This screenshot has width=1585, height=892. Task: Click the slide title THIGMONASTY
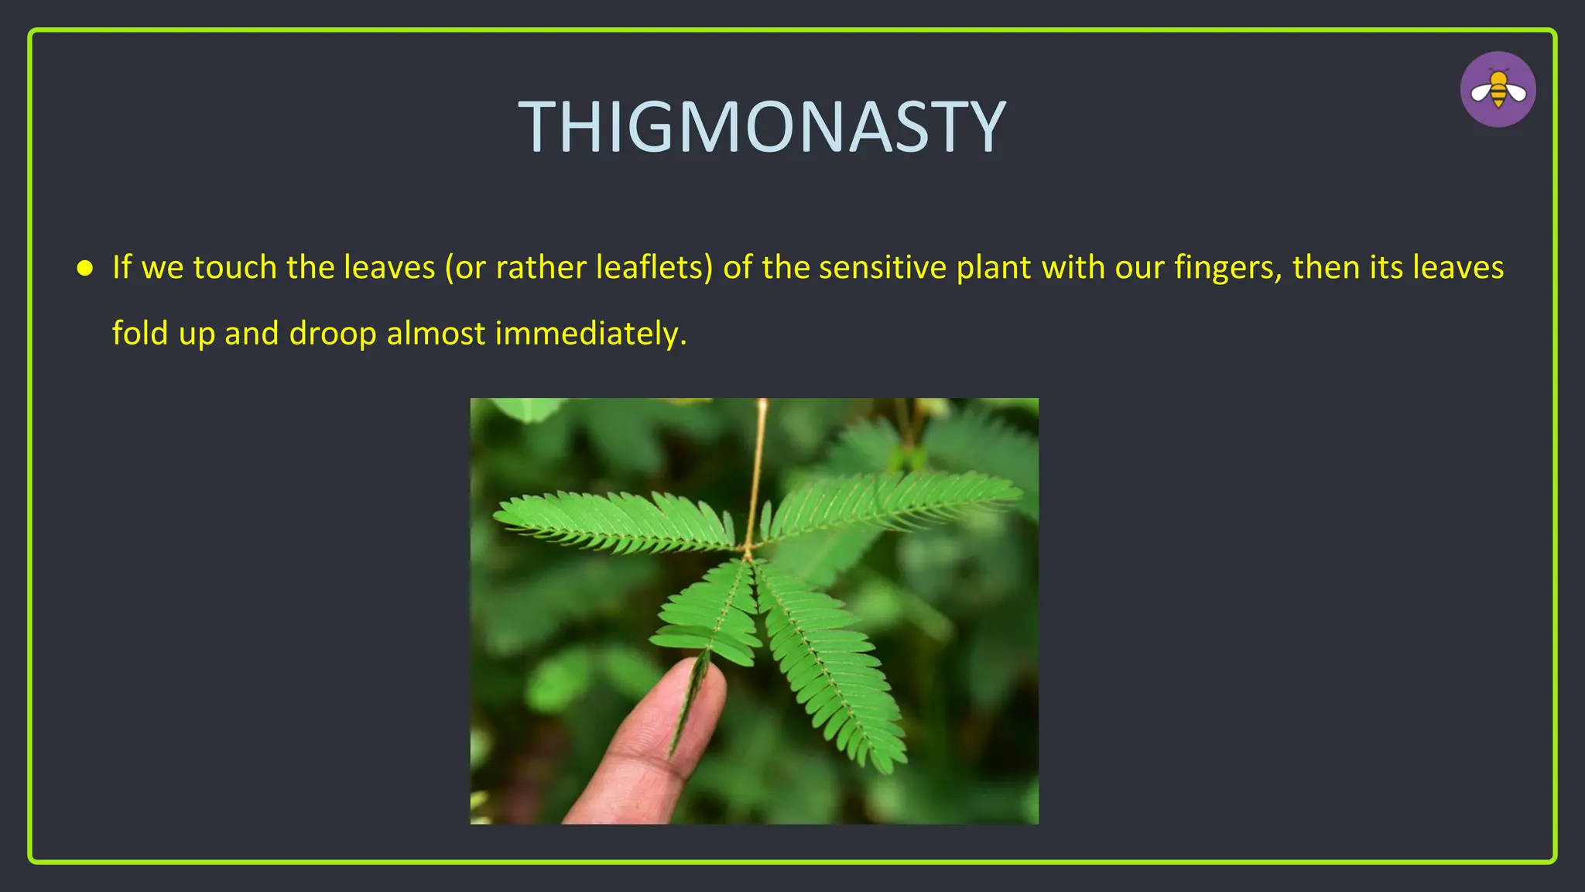tap(762, 127)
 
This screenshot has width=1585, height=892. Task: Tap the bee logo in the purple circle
tap(1498, 90)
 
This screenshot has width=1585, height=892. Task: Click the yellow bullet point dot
tap(85, 269)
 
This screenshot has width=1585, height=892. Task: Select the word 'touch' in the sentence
tap(234, 267)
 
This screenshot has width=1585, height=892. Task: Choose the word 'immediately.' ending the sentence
tap(591, 333)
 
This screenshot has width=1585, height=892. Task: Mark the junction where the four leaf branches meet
tap(748, 552)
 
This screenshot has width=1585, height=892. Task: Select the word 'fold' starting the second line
tap(140, 333)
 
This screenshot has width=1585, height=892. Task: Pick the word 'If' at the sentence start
tap(122, 267)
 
